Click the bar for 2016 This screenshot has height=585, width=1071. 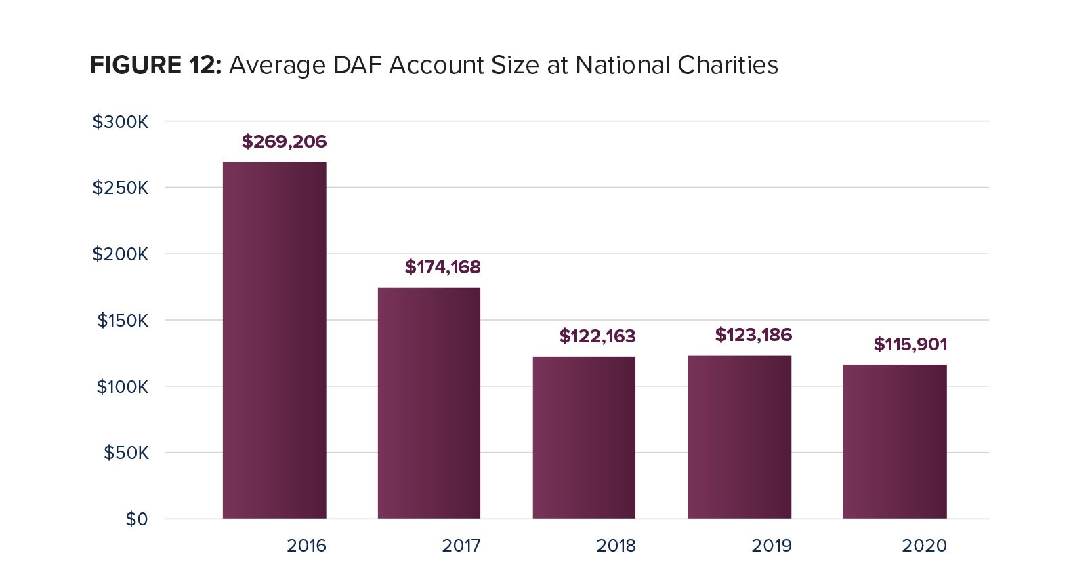274,340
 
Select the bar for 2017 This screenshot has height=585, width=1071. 429,403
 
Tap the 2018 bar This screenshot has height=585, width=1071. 584,437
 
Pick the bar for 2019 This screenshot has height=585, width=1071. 739,437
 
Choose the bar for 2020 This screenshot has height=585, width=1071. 894,441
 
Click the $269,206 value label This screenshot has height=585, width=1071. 284,142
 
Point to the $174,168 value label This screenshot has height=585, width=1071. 442,267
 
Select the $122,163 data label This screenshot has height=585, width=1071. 597,336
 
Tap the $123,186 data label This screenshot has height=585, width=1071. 753,335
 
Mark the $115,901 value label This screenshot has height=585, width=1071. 910,344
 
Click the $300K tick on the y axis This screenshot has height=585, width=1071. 120,122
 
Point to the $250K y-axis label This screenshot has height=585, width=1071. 120,188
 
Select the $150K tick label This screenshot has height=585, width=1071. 122,321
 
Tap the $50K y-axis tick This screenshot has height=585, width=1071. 125,453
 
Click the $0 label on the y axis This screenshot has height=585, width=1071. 136,519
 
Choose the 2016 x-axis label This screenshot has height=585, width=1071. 306,546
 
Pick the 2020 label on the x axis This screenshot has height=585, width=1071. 924,546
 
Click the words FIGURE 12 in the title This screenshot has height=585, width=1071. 156,65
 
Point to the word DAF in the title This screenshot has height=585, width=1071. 357,65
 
